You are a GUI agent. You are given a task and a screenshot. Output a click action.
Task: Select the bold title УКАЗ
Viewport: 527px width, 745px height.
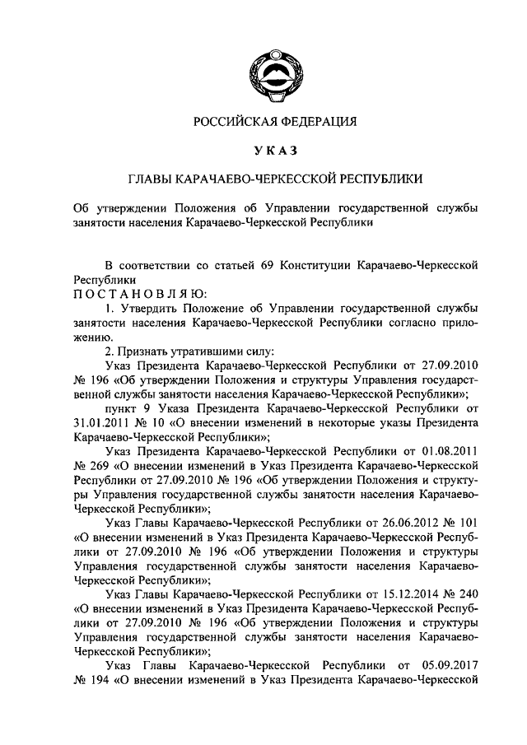275,149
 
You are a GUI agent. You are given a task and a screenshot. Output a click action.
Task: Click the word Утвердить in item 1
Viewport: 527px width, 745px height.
144,307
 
